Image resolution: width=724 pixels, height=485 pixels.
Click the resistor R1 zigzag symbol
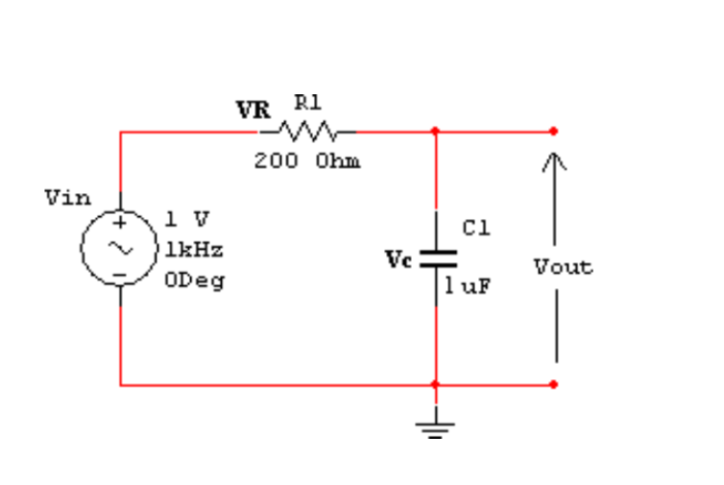[306, 130]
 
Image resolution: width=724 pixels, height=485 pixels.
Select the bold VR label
[253, 109]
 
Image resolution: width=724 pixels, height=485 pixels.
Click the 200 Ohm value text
[307, 161]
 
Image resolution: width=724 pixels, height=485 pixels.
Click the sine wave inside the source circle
[121, 248]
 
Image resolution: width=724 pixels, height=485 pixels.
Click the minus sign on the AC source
[121, 274]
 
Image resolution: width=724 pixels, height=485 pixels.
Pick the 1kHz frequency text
[194, 250]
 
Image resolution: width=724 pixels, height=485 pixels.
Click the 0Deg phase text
[194, 281]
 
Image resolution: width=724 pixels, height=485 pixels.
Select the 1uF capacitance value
[468, 286]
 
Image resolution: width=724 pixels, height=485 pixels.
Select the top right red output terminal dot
[554, 131]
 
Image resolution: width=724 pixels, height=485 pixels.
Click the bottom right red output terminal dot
[554, 384]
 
